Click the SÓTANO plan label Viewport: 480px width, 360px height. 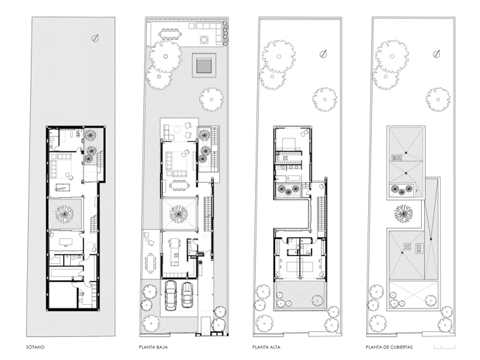click(x=35, y=347)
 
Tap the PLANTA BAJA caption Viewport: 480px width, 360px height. click(x=153, y=347)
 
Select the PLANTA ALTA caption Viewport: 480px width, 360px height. click(x=266, y=347)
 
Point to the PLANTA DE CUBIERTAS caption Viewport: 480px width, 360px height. click(x=389, y=347)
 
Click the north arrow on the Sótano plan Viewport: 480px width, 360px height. click(x=95, y=38)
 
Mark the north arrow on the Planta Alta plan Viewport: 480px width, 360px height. click(x=323, y=54)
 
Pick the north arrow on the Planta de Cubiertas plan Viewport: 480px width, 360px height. click(x=437, y=54)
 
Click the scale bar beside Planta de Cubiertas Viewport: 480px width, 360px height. click(x=445, y=347)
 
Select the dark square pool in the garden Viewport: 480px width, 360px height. click(x=204, y=65)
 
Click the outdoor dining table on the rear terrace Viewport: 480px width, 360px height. click(x=170, y=34)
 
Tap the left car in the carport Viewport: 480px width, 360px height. click(x=171, y=295)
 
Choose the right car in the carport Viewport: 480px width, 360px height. click(x=187, y=295)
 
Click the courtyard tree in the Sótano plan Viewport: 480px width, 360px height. click(x=64, y=214)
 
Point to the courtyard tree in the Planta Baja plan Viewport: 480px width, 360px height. click(x=178, y=214)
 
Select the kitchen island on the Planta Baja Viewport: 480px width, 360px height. click(x=175, y=252)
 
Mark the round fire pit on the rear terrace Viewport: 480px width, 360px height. click(x=204, y=39)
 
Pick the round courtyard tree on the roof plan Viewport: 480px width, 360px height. click(x=403, y=214)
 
